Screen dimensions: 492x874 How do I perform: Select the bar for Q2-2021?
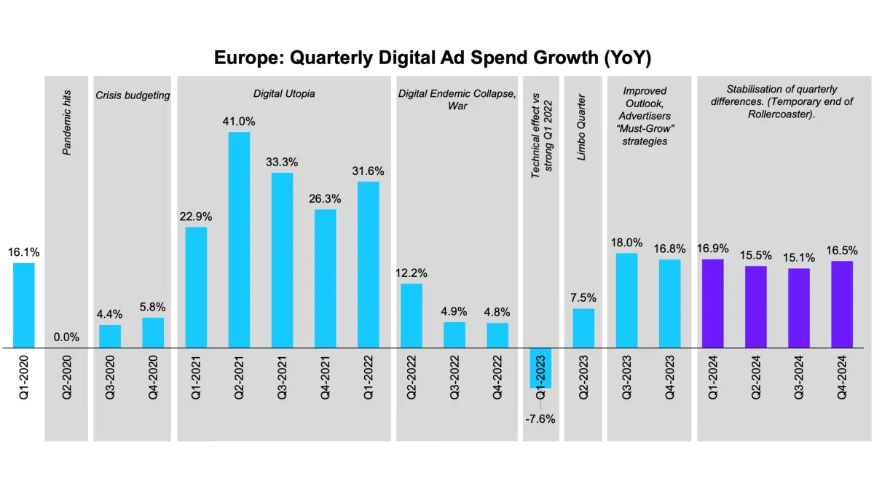click(239, 240)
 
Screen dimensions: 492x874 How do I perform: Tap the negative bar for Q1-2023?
click(540, 367)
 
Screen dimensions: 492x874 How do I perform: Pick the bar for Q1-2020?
click(23, 305)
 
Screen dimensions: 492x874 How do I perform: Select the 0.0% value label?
click(66, 337)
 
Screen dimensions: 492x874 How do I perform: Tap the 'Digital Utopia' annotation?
click(284, 94)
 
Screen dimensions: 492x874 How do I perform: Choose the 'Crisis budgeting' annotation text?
click(132, 95)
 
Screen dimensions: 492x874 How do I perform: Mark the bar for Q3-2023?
click(626, 300)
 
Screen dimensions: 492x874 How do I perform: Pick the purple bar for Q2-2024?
click(755, 307)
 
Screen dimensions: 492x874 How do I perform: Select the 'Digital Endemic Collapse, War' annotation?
click(457, 100)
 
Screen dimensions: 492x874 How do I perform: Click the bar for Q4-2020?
click(153, 332)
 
